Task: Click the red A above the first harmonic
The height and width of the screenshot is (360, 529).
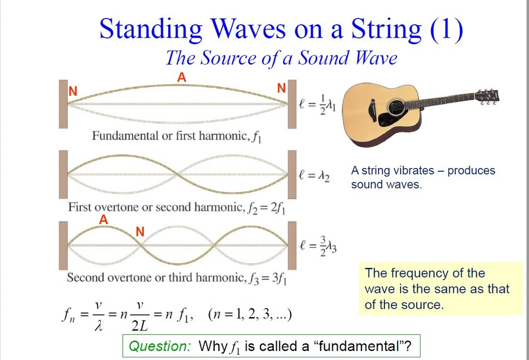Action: click(x=181, y=78)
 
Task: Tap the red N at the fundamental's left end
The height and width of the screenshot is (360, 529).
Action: click(x=73, y=91)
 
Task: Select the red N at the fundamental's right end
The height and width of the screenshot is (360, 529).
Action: click(x=281, y=88)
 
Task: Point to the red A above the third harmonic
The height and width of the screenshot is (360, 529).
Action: click(x=103, y=220)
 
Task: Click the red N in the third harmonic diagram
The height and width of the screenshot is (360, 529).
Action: click(x=140, y=232)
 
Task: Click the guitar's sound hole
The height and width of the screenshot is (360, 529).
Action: click(x=396, y=107)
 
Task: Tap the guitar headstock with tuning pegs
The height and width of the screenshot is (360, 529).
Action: click(x=486, y=97)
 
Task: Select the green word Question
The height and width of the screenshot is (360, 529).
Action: click(x=160, y=346)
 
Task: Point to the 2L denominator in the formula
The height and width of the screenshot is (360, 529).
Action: click(x=139, y=326)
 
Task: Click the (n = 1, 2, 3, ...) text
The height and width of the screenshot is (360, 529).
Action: click(x=250, y=315)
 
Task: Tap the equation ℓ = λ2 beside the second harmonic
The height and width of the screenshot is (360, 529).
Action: click(x=314, y=176)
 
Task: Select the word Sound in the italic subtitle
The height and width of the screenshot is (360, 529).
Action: click(x=324, y=58)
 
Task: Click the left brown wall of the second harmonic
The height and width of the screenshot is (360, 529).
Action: click(x=63, y=174)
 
